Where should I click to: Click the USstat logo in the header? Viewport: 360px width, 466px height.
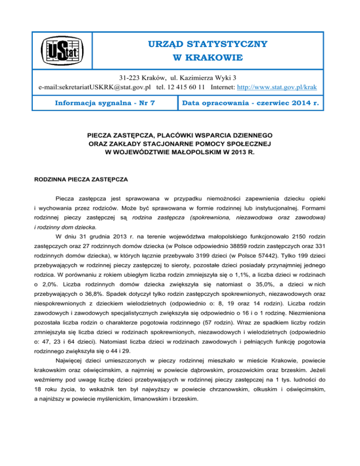[61, 51]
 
